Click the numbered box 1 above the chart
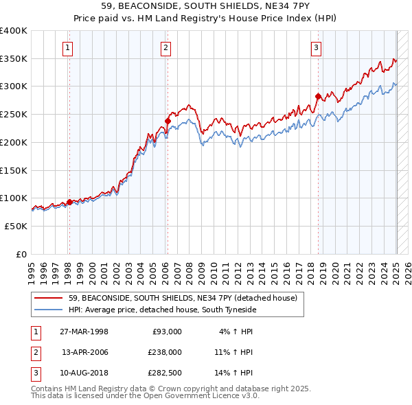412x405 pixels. tap(69, 47)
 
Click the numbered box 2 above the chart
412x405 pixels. tap(167, 47)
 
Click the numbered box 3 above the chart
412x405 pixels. tap(316, 47)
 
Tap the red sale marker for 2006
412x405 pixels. tap(168, 121)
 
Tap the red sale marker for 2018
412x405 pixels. tap(318, 96)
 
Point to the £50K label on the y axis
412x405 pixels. tap(16, 226)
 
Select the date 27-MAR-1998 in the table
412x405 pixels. tap(84, 332)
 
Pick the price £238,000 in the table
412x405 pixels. tap(165, 352)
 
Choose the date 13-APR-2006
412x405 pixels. tap(84, 352)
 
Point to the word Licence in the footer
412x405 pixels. tap(216, 395)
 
